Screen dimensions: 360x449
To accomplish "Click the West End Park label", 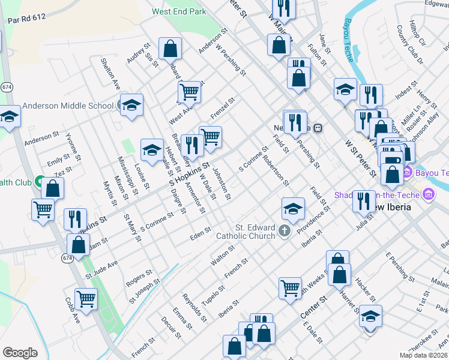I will [179, 11].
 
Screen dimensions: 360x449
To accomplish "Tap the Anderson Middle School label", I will [68, 106].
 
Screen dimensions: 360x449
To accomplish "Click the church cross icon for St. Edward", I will [285, 230].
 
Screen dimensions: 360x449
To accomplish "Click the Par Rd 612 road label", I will [27, 19].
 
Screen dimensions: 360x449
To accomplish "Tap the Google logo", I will [20, 353].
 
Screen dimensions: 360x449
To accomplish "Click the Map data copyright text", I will [424, 355].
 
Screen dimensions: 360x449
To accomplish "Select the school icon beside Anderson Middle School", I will [131, 106].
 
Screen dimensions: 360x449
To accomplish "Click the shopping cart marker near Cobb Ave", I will [86, 298].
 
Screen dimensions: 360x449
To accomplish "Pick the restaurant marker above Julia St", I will [363, 201].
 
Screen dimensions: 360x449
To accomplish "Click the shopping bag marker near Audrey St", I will [170, 48].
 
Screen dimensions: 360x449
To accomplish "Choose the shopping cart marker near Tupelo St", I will [291, 287].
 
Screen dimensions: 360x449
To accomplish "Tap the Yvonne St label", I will [73, 146].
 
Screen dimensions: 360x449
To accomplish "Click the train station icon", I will [319, 128].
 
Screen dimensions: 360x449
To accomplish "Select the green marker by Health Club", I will [40, 180].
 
